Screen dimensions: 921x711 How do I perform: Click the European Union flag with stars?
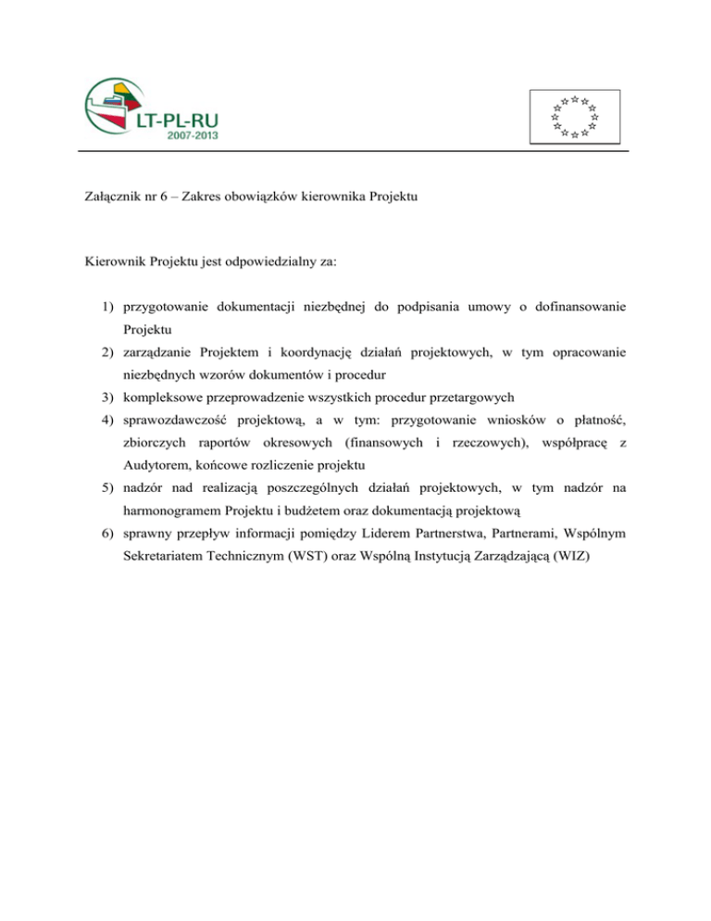tap(574, 117)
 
